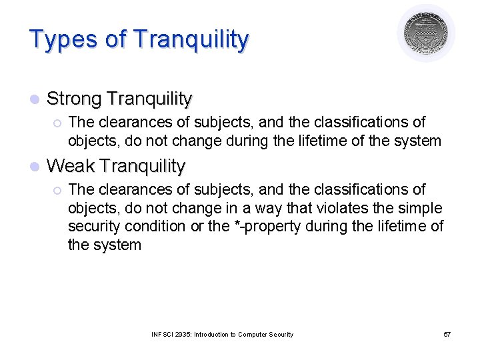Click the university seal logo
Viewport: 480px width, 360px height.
click(426, 33)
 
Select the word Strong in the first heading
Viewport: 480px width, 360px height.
click(74, 99)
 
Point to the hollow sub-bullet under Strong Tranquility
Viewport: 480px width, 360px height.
click(57, 123)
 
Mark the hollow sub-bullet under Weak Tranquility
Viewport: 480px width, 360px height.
click(57, 190)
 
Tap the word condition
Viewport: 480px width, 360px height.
click(155, 226)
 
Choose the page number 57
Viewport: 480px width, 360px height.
click(447, 334)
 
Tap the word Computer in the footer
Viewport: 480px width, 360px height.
click(253, 334)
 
